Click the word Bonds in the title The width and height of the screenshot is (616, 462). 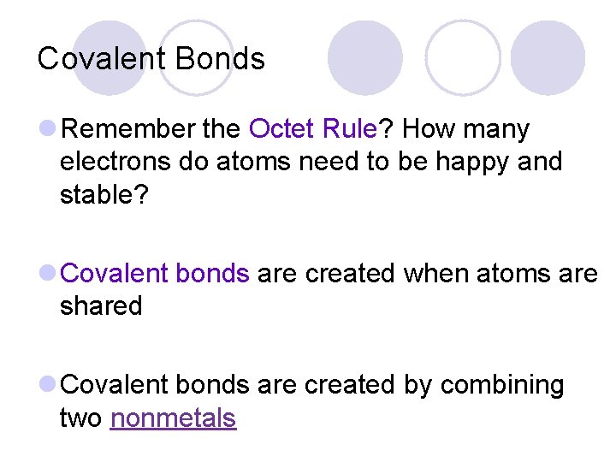[220, 58]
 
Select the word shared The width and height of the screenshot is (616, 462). [101, 305]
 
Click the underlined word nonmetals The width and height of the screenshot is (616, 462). [173, 418]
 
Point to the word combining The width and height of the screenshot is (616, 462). [502, 386]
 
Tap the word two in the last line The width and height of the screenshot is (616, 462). [81, 418]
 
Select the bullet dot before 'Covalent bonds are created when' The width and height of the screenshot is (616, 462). [48, 274]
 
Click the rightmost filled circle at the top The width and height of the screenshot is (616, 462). [548, 57]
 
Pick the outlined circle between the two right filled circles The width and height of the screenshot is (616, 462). [463, 57]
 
